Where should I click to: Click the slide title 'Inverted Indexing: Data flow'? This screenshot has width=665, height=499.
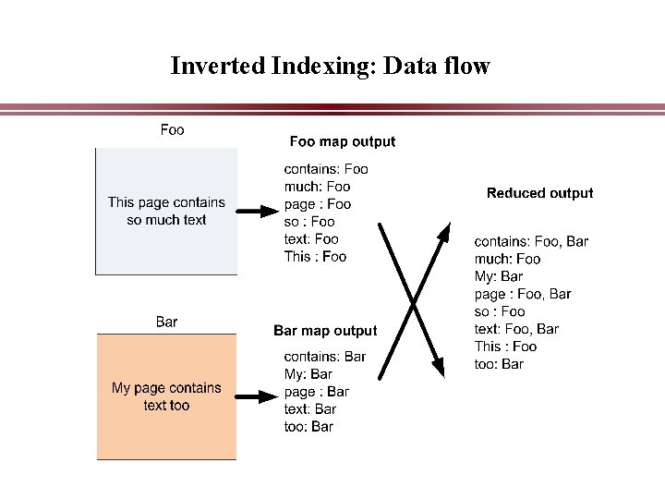(330, 67)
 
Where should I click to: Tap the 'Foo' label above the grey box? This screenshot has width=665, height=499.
(172, 129)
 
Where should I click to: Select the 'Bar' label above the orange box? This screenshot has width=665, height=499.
(166, 322)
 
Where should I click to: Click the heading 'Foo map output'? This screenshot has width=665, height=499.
(342, 141)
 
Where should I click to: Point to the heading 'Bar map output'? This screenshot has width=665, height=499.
(325, 330)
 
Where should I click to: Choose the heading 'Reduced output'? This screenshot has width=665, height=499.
(539, 193)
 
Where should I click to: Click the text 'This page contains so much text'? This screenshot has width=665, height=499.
(166, 211)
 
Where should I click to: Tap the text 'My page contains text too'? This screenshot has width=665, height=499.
(166, 396)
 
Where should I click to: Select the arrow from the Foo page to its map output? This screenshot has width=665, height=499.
(257, 212)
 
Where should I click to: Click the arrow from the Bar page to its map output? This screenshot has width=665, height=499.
(257, 396)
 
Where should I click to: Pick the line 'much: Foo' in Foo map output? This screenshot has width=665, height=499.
(317, 186)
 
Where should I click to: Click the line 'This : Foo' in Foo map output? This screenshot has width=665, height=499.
(315, 256)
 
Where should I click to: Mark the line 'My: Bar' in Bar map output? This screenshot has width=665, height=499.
(308, 373)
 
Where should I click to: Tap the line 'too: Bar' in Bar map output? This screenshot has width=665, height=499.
(308, 426)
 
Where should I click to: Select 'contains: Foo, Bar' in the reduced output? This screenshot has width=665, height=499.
(531, 241)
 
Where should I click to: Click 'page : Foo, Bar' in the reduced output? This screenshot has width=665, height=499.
(523, 294)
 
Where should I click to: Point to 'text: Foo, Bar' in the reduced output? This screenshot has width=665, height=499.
(516, 329)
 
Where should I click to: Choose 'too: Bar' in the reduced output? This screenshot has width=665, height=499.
(499, 364)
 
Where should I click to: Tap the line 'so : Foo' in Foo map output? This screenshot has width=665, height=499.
(309, 221)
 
